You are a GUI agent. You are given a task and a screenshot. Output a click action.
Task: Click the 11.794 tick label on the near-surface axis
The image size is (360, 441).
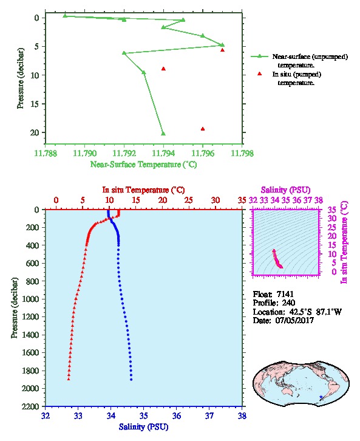click(163, 153)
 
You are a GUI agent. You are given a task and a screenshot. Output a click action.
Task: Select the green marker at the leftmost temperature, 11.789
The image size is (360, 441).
click(65, 16)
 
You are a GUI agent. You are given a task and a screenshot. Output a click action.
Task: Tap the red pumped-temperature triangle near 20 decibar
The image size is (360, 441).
click(203, 129)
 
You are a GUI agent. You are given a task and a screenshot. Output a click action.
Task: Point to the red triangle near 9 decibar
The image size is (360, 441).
click(163, 69)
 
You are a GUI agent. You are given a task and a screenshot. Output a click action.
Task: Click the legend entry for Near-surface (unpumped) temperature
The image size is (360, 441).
click(300, 61)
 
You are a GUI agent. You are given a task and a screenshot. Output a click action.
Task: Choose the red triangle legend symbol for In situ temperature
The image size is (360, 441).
click(259, 73)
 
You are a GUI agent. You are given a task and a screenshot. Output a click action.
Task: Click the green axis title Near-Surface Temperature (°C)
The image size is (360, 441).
click(143, 165)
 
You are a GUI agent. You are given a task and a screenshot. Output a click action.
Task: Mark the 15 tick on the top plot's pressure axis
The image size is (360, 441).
click(34, 104)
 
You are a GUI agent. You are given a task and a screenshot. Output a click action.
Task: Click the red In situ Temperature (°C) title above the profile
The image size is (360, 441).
click(143, 190)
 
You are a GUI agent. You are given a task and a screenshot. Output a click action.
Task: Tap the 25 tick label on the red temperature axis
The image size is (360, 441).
click(189, 200)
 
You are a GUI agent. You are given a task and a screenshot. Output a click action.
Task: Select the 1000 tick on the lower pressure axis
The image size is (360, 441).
click(30, 299)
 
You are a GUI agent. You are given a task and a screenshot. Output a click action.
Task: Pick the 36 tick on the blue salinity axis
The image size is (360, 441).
click(177, 415)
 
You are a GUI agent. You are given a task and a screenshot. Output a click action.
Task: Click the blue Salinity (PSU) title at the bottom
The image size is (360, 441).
click(143, 427)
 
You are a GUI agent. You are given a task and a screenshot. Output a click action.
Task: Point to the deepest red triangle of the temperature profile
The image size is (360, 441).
click(68, 379)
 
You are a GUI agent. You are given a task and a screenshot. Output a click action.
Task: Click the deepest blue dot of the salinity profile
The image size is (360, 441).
click(131, 380)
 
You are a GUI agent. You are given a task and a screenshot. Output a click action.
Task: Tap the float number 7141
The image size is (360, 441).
click(285, 294)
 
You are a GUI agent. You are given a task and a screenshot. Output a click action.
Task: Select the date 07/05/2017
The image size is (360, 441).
click(294, 320)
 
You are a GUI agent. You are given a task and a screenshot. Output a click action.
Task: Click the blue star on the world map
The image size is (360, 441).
click(321, 397)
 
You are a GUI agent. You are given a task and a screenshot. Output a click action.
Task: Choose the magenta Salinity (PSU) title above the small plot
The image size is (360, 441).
click(285, 190)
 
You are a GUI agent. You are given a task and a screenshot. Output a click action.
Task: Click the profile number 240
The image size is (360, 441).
click(288, 303)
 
